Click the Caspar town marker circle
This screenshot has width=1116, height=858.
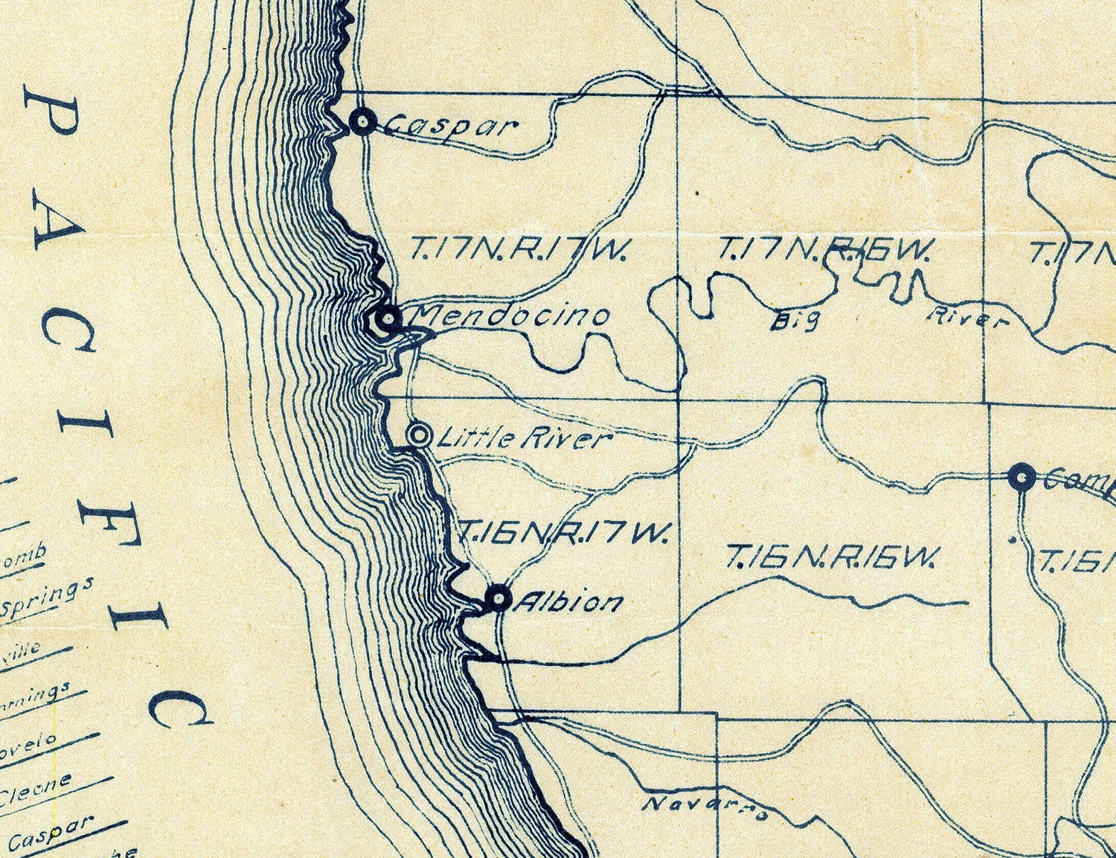click(x=362, y=121)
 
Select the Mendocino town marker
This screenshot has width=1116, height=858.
click(x=387, y=319)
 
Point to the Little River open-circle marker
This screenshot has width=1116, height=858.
click(x=420, y=434)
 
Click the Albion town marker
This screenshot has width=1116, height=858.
click(x=498, y=598)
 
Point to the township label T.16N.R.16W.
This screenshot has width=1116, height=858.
click(x=834, y=556)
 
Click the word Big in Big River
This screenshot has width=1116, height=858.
click(x=795, y=321)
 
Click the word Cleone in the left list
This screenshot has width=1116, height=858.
click(x=36, y=789)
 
